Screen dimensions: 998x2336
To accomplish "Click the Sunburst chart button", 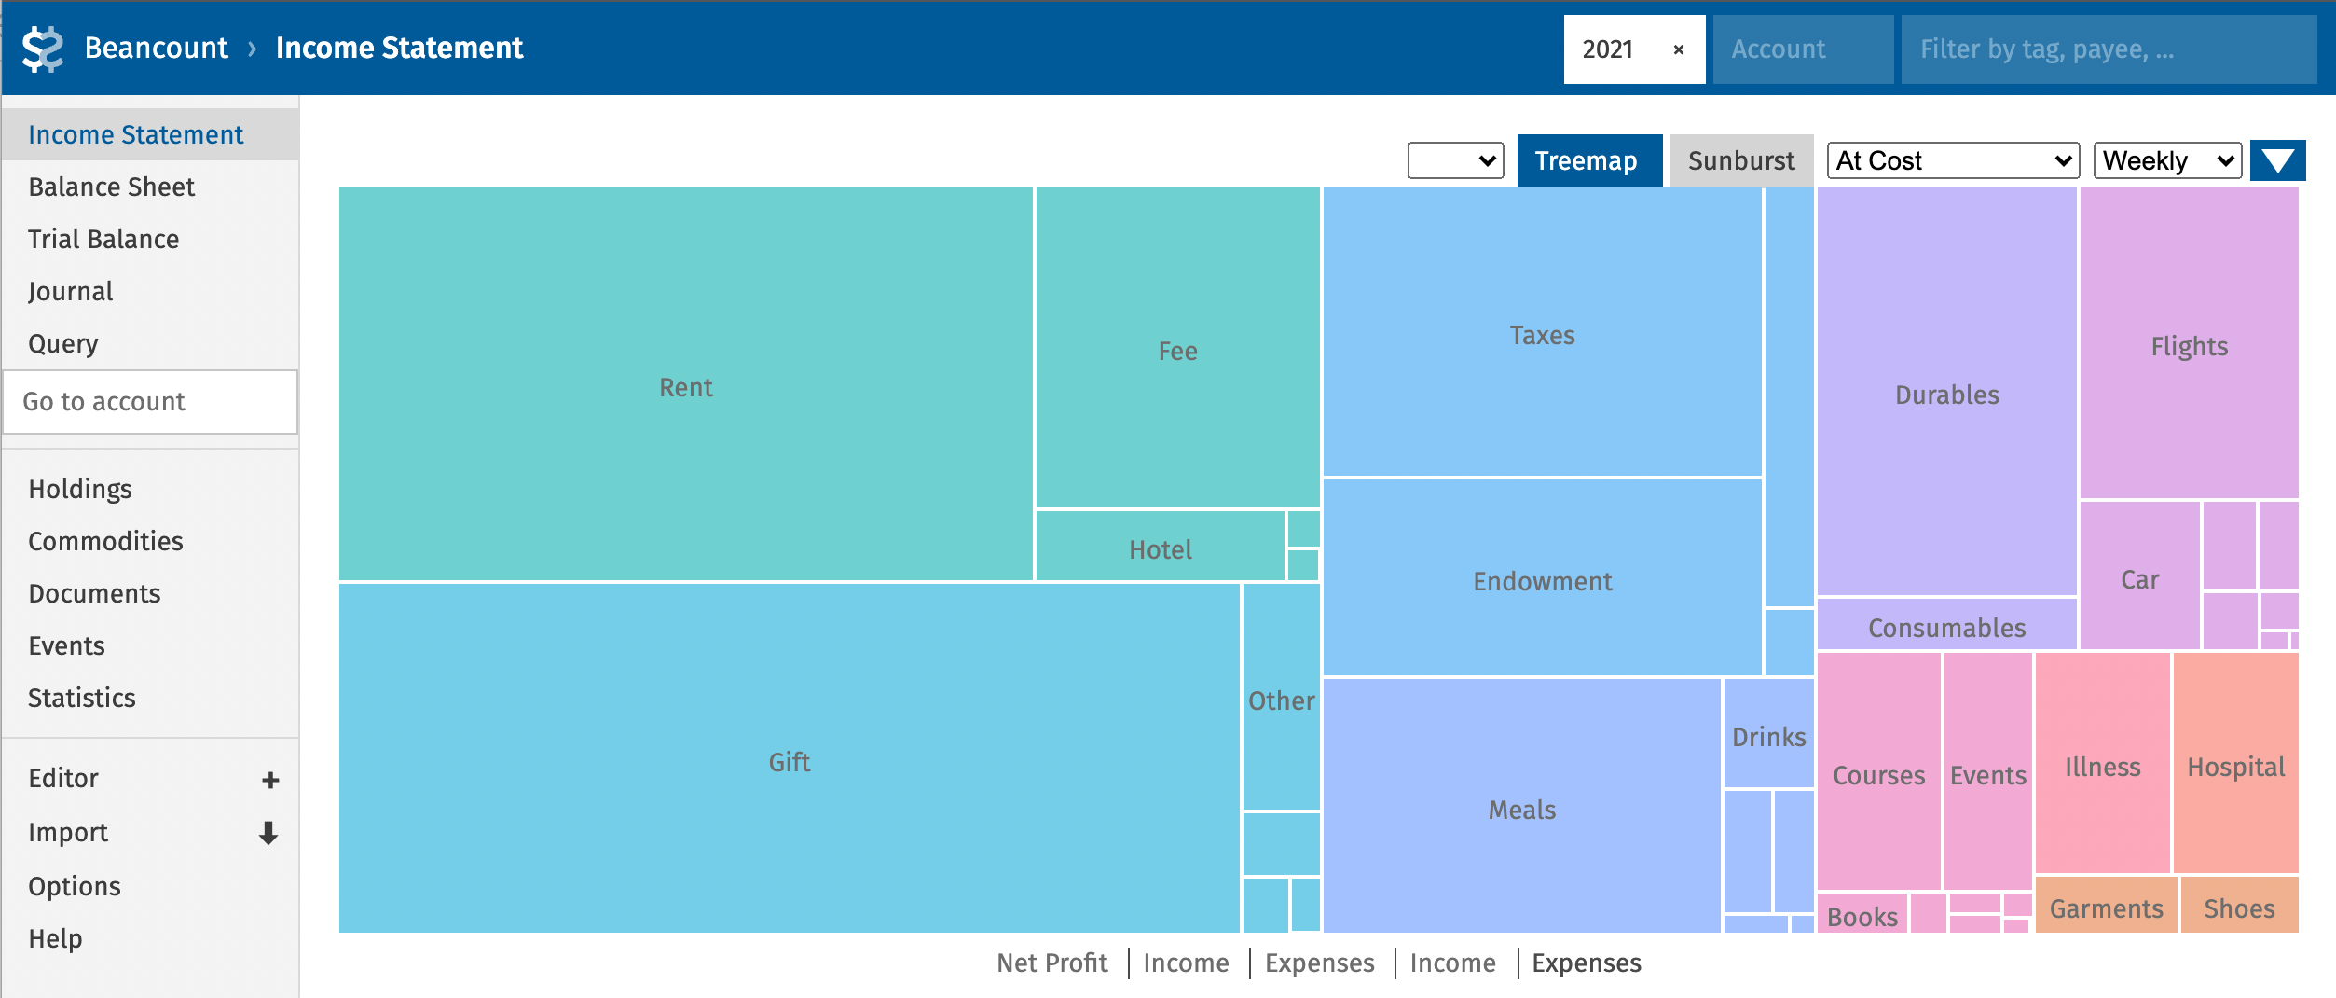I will click(x=1740, y=160).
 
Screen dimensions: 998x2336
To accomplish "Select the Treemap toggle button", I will click(x=1588, y=160).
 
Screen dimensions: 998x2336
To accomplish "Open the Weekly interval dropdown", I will click(x=2166, y=160).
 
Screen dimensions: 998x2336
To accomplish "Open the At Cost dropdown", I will click(x=1952, y=160).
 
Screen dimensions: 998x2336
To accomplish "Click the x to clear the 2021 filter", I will click(x=1678, y=49).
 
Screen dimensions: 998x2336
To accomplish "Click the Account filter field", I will click(x=1801, y=49).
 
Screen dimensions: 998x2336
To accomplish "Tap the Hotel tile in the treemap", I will click(x=1160, y=548).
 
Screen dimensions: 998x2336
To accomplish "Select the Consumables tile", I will click(x=1946, y=627).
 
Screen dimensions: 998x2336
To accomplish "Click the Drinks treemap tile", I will click(x=1768, y=736).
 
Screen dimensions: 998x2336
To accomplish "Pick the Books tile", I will click(x=1862, y=916).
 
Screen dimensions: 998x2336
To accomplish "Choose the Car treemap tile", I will click(x=2139, y=578).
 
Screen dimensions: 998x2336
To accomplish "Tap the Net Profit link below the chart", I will click(x=1051, y=963).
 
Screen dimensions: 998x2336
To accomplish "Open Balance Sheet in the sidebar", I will click(x=112, y=187).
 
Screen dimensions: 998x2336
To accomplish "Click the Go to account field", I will click(x=150, y=402).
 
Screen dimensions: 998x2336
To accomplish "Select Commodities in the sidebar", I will click(x=105, y=541).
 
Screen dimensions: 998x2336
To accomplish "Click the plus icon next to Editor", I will click(x=270, y=780).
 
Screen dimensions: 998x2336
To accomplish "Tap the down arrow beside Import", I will click(x=268, y=833).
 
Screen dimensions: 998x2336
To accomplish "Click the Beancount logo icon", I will click(x=43, y=49).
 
